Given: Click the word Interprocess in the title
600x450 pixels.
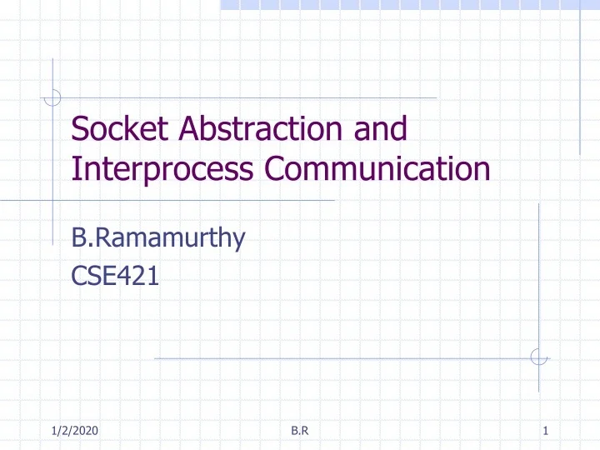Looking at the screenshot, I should [x=164, y=169].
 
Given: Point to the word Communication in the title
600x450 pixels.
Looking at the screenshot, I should [x=377, y=169].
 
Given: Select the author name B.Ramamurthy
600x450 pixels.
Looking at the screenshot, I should [x=158, y=238].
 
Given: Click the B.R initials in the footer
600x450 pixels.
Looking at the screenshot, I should [x=299, y=430].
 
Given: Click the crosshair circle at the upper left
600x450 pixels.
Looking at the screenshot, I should [x=52, y=97].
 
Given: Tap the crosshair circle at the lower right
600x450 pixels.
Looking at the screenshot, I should [x=539, y=357].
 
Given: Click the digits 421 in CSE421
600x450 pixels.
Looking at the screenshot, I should [x=141, y=274].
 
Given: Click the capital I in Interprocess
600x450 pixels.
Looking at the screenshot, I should [x=76, y=169].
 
